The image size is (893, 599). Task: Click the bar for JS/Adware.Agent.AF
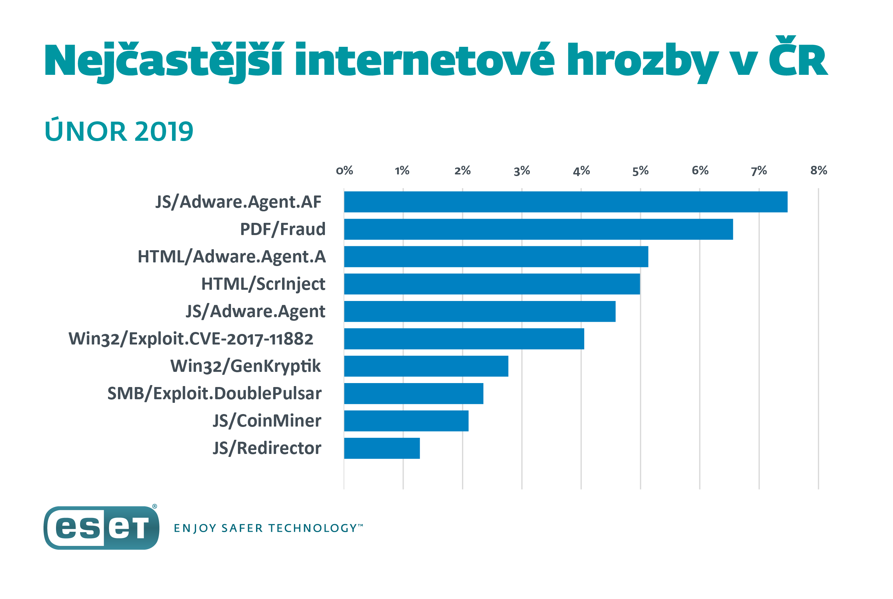(565, 202)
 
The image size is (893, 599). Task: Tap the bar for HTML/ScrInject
(491, 284)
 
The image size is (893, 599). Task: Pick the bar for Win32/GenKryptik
(426, 366)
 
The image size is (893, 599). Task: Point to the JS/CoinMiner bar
(406, 421)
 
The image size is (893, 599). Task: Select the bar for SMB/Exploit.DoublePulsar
(413, 394)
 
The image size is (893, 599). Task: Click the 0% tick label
(344, 170)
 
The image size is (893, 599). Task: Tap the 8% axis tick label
(818, 170)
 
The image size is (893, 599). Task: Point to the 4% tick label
(581, 170)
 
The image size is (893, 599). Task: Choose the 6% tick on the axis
(700, 170)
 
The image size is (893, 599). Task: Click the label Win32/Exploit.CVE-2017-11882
(190, 339)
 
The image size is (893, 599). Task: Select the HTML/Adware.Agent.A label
(231, 257)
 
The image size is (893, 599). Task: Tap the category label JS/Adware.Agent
(255, 311)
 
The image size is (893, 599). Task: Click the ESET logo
(101, 527)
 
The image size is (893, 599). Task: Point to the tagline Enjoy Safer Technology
(268, 528)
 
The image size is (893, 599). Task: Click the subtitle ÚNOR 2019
(119, 131)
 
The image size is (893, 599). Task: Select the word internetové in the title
(424, 60)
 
